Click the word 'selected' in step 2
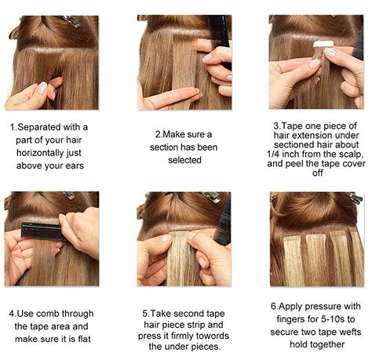click(184, 160)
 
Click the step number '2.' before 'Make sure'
click(159, 134)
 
